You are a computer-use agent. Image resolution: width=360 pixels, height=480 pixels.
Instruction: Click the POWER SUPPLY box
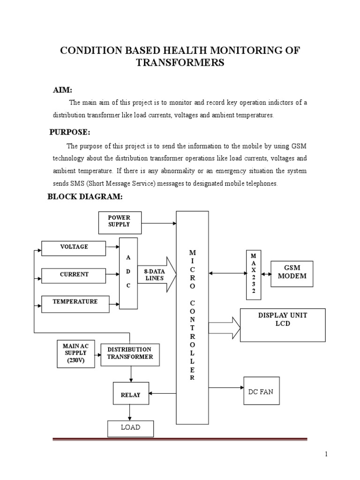119,222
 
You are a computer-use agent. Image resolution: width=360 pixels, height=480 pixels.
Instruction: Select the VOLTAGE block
74,248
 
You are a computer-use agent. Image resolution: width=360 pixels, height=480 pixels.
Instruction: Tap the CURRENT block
74,275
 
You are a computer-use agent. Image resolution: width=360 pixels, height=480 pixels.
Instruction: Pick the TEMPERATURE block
75,303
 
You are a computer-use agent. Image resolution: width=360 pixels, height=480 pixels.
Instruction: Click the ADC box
128,273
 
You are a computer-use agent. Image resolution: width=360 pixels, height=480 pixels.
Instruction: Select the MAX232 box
254,274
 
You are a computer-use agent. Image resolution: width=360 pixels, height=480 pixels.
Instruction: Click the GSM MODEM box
292,273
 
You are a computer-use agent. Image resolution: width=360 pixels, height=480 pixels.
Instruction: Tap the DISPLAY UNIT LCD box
283,324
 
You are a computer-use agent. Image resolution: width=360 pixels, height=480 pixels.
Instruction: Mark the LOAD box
130,428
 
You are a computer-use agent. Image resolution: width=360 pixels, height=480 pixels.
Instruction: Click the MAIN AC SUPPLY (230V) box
75,354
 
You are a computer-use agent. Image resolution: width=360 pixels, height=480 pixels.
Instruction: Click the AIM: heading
62,90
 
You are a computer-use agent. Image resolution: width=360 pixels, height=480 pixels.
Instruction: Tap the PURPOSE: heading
69,132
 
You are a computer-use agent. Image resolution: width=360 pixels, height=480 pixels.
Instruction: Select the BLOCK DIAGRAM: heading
85,196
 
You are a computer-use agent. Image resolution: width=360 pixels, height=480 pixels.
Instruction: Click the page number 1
327,454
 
